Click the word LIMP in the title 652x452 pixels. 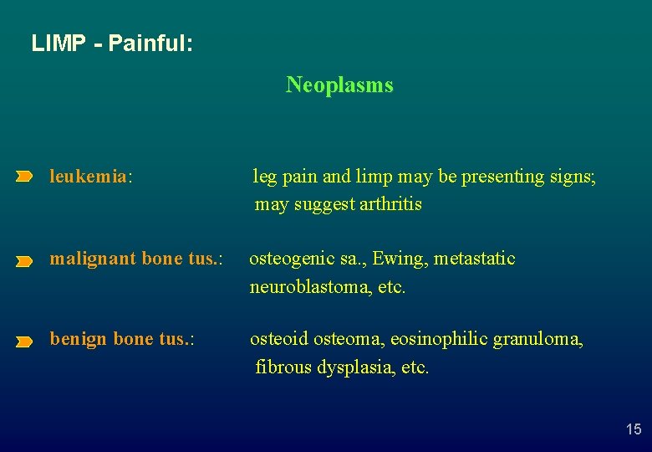click(x=58, y=43)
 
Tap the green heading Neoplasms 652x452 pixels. click(x=339, y=85)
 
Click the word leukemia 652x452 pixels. click(x=88, y=177)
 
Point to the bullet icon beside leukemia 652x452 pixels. click(x=24, y=177)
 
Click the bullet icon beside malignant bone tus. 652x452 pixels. click(x=24, y=261)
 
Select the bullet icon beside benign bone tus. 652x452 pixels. click(x=24, y=342)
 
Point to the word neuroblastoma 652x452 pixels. click(x=304, y=287)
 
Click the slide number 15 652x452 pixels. click(x=634, y=429)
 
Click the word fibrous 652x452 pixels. click(x=284, y=367)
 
